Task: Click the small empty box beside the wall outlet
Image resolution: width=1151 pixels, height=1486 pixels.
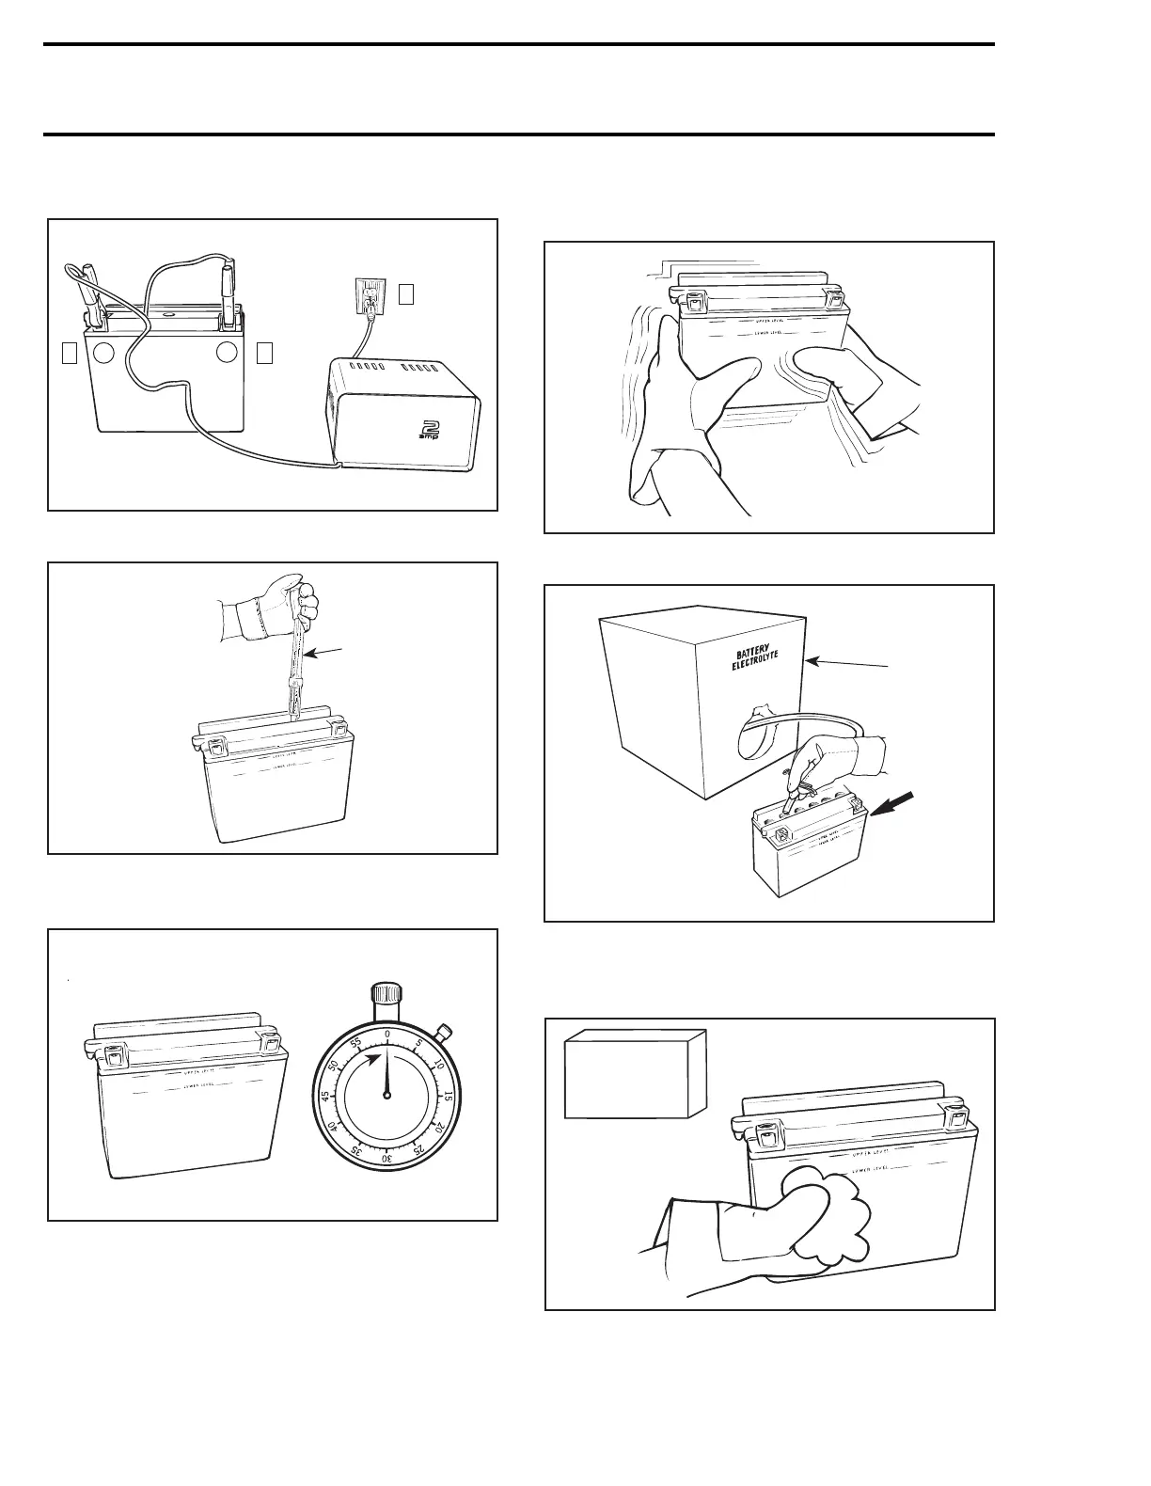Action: (x=405, y=294)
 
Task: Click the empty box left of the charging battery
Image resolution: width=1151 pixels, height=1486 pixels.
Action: (x=69, y=353)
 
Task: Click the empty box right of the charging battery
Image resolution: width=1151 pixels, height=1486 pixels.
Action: (x=264, y=353)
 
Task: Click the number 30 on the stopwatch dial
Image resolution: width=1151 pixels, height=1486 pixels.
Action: (x=386, y=1158)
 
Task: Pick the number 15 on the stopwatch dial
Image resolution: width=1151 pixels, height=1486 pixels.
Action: (x=449, y=1096)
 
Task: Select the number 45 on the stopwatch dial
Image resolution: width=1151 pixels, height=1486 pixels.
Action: (x=324, y=1097)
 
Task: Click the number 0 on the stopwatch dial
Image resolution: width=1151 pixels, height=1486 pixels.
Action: (x=386, y=1035)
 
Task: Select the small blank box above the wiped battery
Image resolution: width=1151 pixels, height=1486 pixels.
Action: (x=634, y=1073)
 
